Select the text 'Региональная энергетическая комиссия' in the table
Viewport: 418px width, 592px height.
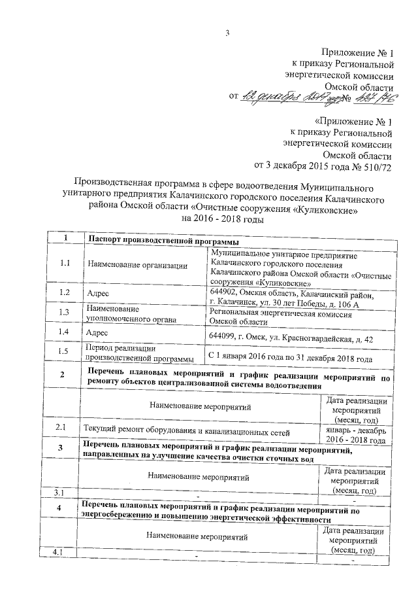(x=280, y=314)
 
